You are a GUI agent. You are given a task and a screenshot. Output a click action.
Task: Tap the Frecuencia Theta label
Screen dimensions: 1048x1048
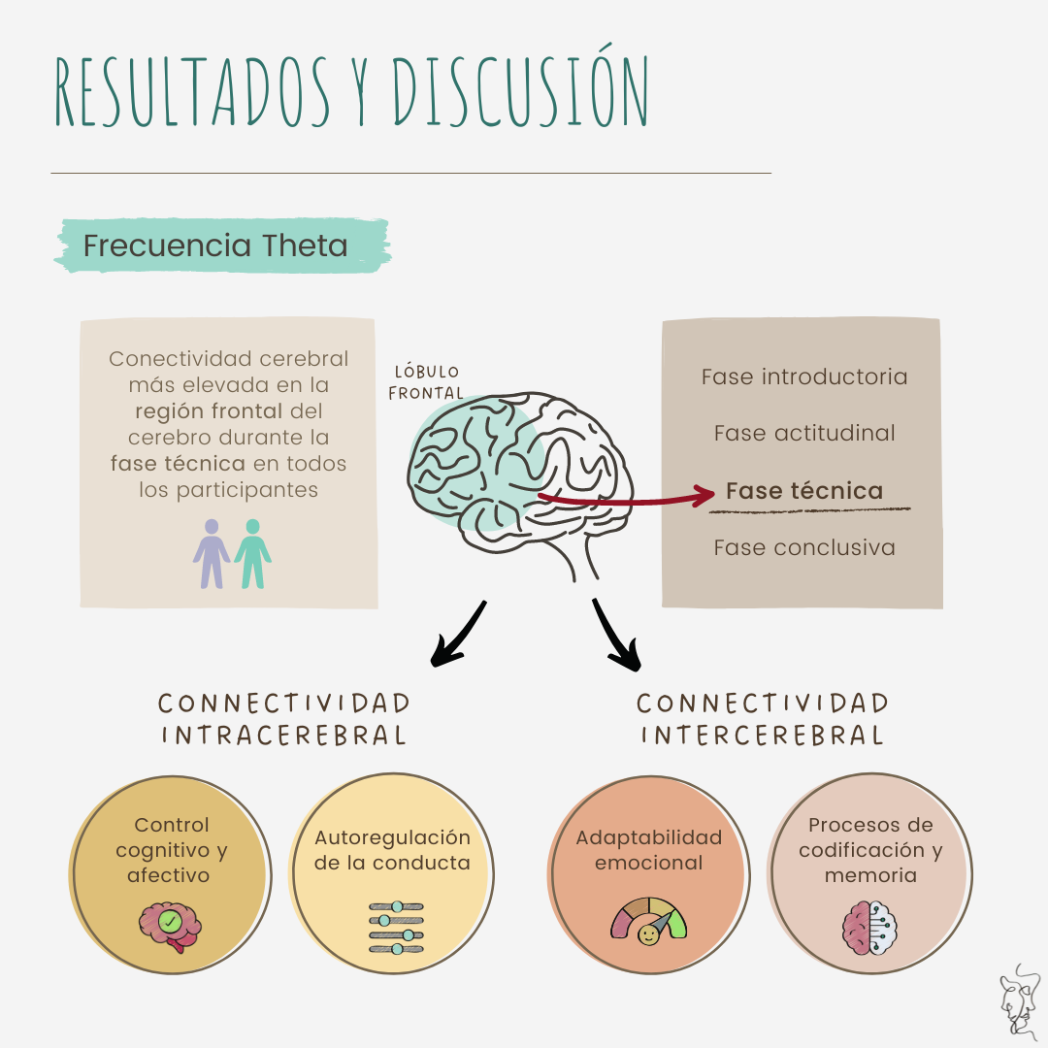coord(215,246)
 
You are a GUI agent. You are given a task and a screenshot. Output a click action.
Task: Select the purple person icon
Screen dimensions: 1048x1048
coord(212,554)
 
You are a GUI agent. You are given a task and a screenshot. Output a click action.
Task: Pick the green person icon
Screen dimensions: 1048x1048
coord(253,554)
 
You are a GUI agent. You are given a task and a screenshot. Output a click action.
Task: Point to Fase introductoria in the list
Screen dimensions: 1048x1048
coord(804,377)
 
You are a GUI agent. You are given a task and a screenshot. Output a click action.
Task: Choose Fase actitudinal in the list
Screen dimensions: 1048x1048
coord(804,433)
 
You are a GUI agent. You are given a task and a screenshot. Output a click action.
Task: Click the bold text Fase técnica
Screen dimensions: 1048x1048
coord(804,490)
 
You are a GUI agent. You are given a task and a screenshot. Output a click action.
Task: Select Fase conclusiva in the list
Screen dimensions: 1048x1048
coord(804,547)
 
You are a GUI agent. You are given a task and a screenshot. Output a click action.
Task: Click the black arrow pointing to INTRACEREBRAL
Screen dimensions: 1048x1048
coord(457,636)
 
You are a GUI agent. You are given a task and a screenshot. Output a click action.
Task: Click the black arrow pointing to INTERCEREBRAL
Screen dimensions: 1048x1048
coord(617,636)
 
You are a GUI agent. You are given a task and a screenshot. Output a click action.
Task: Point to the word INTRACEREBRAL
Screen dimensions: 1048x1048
coord(283,735)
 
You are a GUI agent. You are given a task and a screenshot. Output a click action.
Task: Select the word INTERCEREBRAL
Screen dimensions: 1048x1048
coord(762,735)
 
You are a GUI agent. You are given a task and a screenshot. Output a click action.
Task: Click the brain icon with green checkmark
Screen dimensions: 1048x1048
coord(170,925)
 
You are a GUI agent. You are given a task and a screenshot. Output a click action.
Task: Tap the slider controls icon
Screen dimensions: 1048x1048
coord(397,927)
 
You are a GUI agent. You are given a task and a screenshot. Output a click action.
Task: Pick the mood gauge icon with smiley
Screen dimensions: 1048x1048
coord(647,923)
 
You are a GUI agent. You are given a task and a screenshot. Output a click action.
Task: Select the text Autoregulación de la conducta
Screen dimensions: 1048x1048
coord(392,850)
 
